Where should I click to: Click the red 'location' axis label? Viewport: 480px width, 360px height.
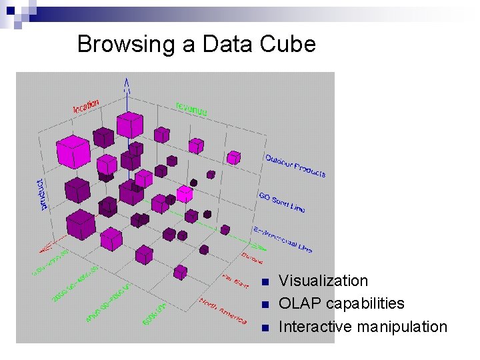pyautogui.click(x=86, y=105)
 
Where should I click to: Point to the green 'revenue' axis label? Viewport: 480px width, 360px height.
pyautogui.click(x=191, y=108)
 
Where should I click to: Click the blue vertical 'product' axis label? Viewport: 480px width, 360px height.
pyautogui.click(x=43, y=193)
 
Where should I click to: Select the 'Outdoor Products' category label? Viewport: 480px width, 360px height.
pyautogui.click(x=295, y=165)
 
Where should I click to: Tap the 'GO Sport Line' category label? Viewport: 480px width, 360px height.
pyautogui.click(x=281, y=202)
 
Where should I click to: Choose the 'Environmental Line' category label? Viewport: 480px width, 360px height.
pyautogui.click(x=283, y=239)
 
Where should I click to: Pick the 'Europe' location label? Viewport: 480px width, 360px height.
pyautogui.click(x=252, y=258)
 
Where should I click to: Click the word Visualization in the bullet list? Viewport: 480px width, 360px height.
pyautogui.click(x=323, y=281)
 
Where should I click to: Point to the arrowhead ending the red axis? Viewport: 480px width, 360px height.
pyautogui.click(x=43, y=249)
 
